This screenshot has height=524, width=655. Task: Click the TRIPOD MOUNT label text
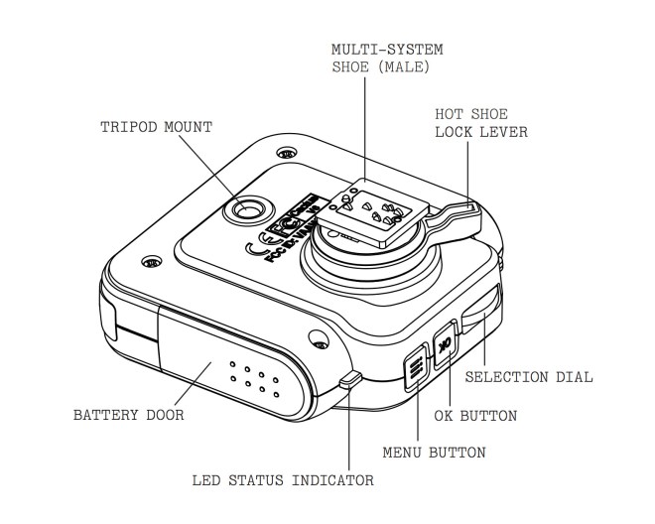tap(156, 127)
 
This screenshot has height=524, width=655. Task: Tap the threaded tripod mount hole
tap(245, 210)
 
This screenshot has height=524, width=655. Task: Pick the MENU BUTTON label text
tap(434, 453)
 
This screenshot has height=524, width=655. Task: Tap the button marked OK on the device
tap(444, 342)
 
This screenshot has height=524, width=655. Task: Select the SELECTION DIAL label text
tap(528, 377)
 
